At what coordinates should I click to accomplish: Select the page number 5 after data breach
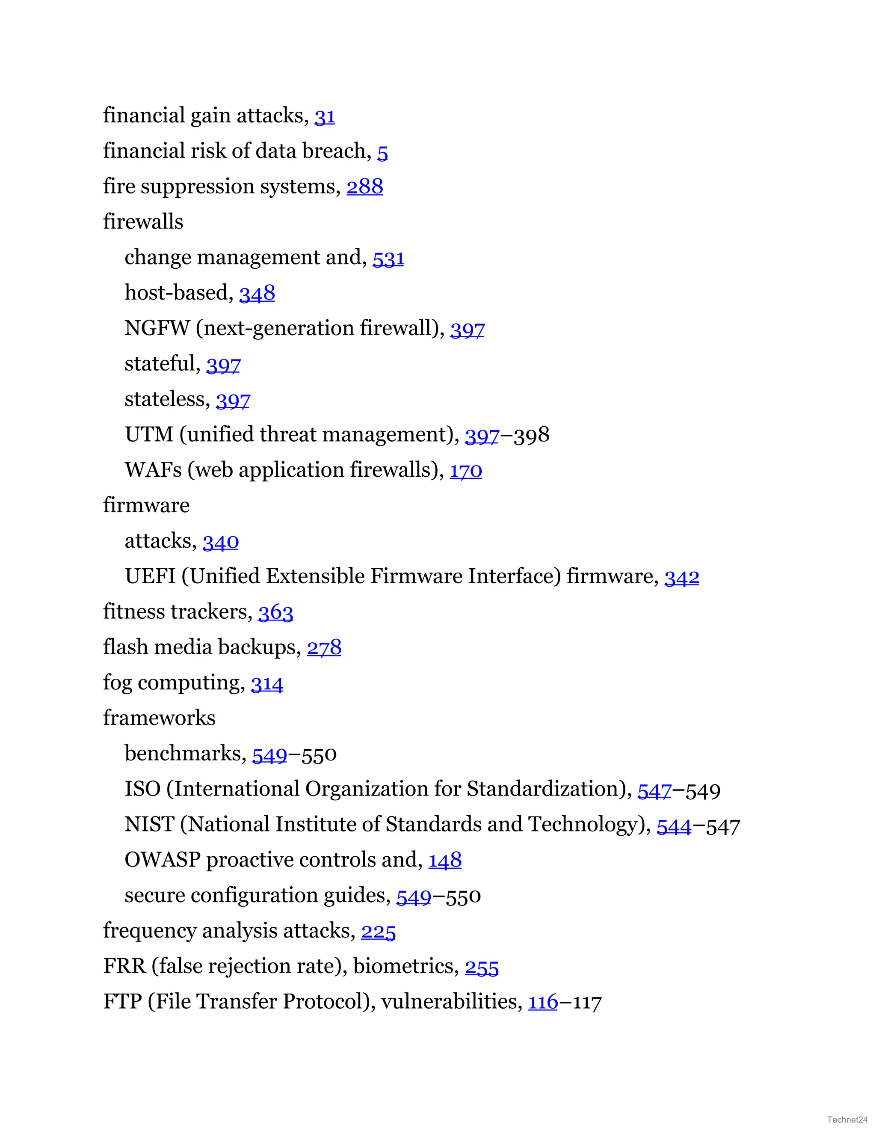coord(382,152)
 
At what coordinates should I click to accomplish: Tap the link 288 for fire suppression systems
coord(364,187)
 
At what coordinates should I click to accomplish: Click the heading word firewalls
coord(143,222)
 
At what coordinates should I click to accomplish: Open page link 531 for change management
coord(388,258)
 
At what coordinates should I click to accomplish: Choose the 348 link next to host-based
coord(257,294)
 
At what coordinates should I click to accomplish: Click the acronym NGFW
coord(157,329)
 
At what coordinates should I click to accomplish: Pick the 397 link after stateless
coord(233,400)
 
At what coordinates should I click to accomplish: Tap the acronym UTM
coord(149,435)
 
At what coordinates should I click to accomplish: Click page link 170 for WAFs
coord(465,470)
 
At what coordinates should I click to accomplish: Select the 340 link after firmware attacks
coord(221,542)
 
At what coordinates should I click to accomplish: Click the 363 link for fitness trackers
coord(275,612)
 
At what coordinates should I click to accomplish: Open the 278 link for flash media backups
coord(324,647)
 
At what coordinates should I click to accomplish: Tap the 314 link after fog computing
coord(267,683)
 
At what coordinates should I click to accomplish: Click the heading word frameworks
coord(159,718)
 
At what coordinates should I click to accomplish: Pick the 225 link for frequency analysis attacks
coord(378,932)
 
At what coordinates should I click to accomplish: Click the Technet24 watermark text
coord(847,1119)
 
